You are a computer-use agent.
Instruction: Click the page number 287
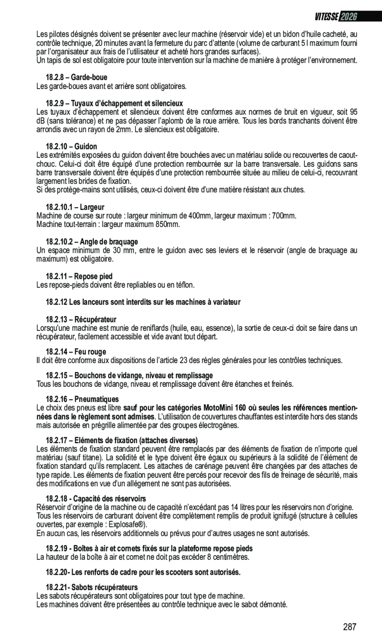pos(349,627)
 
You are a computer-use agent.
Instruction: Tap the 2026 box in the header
pos(348,17)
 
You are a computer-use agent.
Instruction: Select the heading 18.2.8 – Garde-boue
pos(77,78)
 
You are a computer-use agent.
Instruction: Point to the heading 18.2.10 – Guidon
pos(72,146)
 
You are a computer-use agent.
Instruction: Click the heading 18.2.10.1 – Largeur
pos(75,207)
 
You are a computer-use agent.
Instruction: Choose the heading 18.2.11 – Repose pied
pos(79,276)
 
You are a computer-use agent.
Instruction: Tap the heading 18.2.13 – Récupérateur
pos(81,320)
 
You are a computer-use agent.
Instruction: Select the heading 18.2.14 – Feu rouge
pos(76,352)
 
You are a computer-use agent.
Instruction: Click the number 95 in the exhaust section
pos(353,112)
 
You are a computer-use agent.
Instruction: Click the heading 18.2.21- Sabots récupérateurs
pos(92,587)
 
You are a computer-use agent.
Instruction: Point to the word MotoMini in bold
pos(219,408)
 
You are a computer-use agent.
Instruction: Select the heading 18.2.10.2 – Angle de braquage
pos(92,242)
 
